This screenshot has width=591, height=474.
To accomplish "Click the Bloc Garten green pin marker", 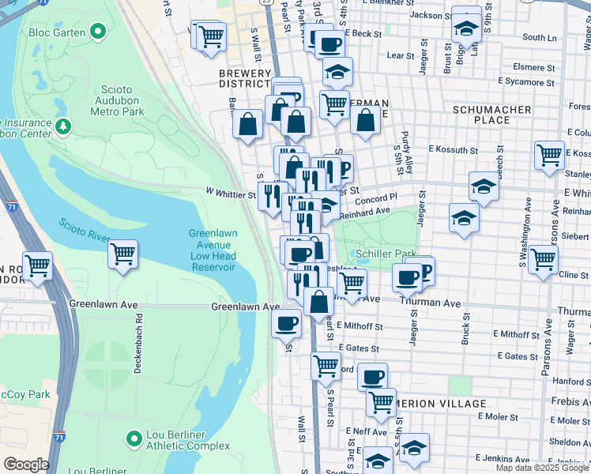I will click(98, 32).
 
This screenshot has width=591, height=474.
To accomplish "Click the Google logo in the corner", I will click(26, 465).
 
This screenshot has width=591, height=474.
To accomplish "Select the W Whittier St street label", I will click(231, 193).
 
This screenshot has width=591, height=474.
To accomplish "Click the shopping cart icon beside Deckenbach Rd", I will click(122, 254).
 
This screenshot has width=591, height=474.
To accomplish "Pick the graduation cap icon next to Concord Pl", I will click(484, 187).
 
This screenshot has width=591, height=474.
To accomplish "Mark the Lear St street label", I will click(401, 56).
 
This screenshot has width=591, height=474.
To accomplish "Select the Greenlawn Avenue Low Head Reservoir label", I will click(213, 250).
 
